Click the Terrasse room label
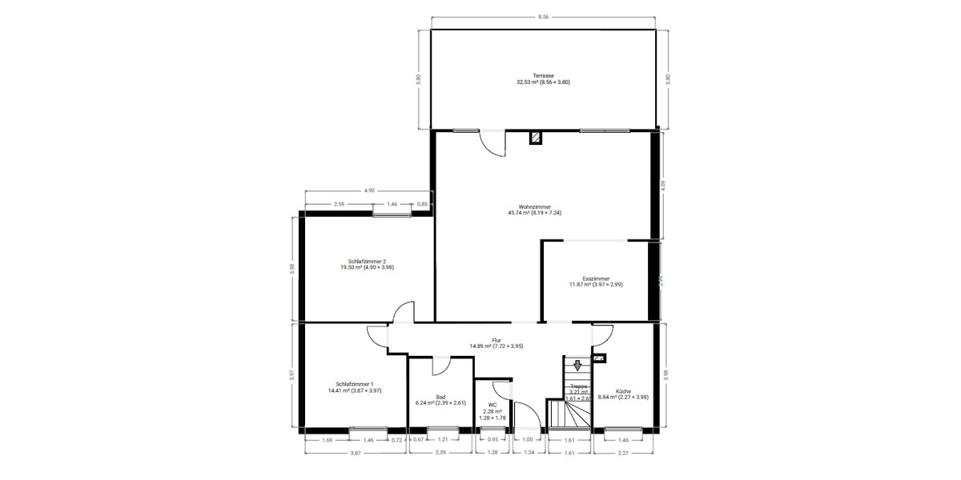[x=543, y=75]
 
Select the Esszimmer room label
[x=596, y=279]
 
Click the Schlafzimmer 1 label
[x=355, y=384]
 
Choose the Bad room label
[x=440, y=397]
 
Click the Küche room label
[x=623, y=391]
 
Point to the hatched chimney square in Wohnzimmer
[x=536, y=138]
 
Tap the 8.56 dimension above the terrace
[x=543, y=16]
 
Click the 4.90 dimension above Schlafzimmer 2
[x=369, y=191]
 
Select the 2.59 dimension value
[x=339, y=205]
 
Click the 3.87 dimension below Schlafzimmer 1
[x=355, y=454]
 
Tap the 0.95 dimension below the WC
[x=493, y=439]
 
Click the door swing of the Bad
[x=441, y=366]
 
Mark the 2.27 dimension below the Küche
[x=622, y=454]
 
